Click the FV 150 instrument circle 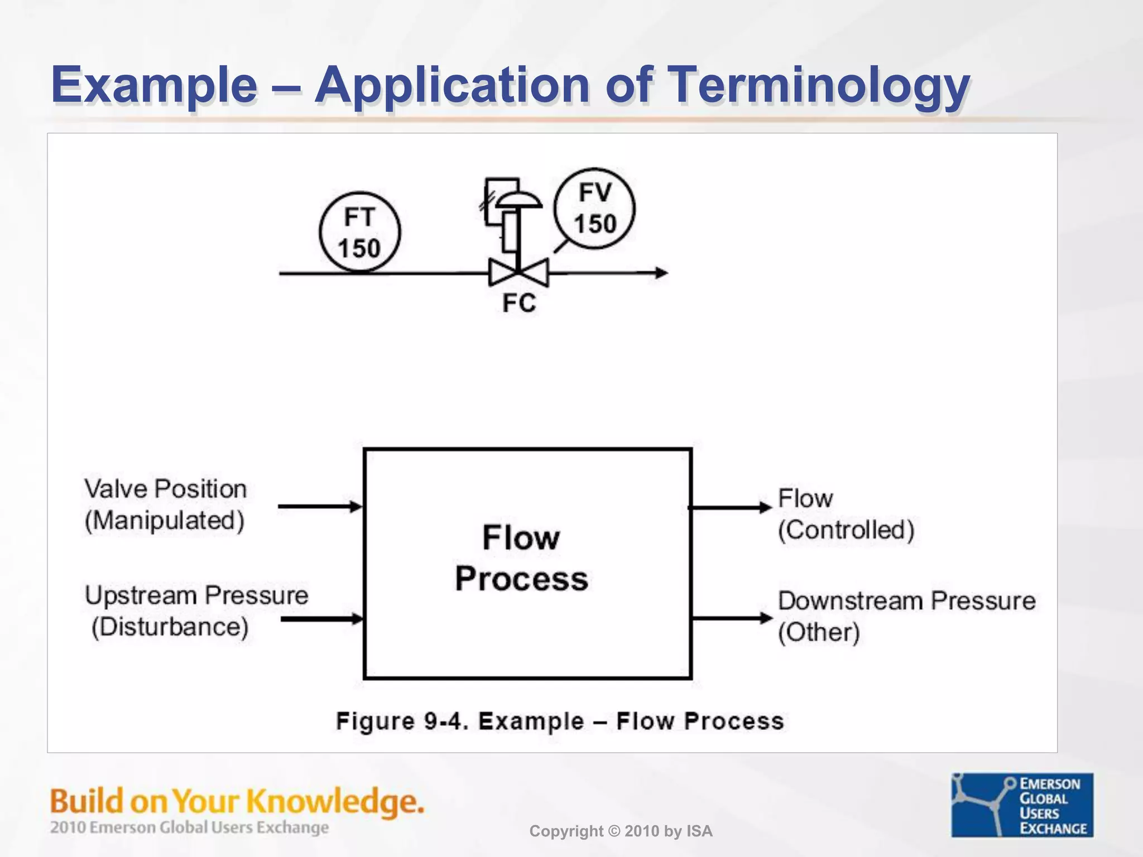point(594,208)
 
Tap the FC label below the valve point(519,303)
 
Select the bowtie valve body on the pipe point(518,273)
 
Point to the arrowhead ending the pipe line point(661,273)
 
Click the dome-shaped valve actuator point(518,200)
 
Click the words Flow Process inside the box point(521,558)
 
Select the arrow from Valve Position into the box point(320,507)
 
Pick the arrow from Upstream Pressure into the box point(321,619)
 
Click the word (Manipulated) point(165,521)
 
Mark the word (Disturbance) point(170,627)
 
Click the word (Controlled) point(846,530)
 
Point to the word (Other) point(819,633)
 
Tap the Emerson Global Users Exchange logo point(1022,805)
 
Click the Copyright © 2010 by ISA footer point(621,831)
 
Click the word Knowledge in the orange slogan point(335,802)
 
